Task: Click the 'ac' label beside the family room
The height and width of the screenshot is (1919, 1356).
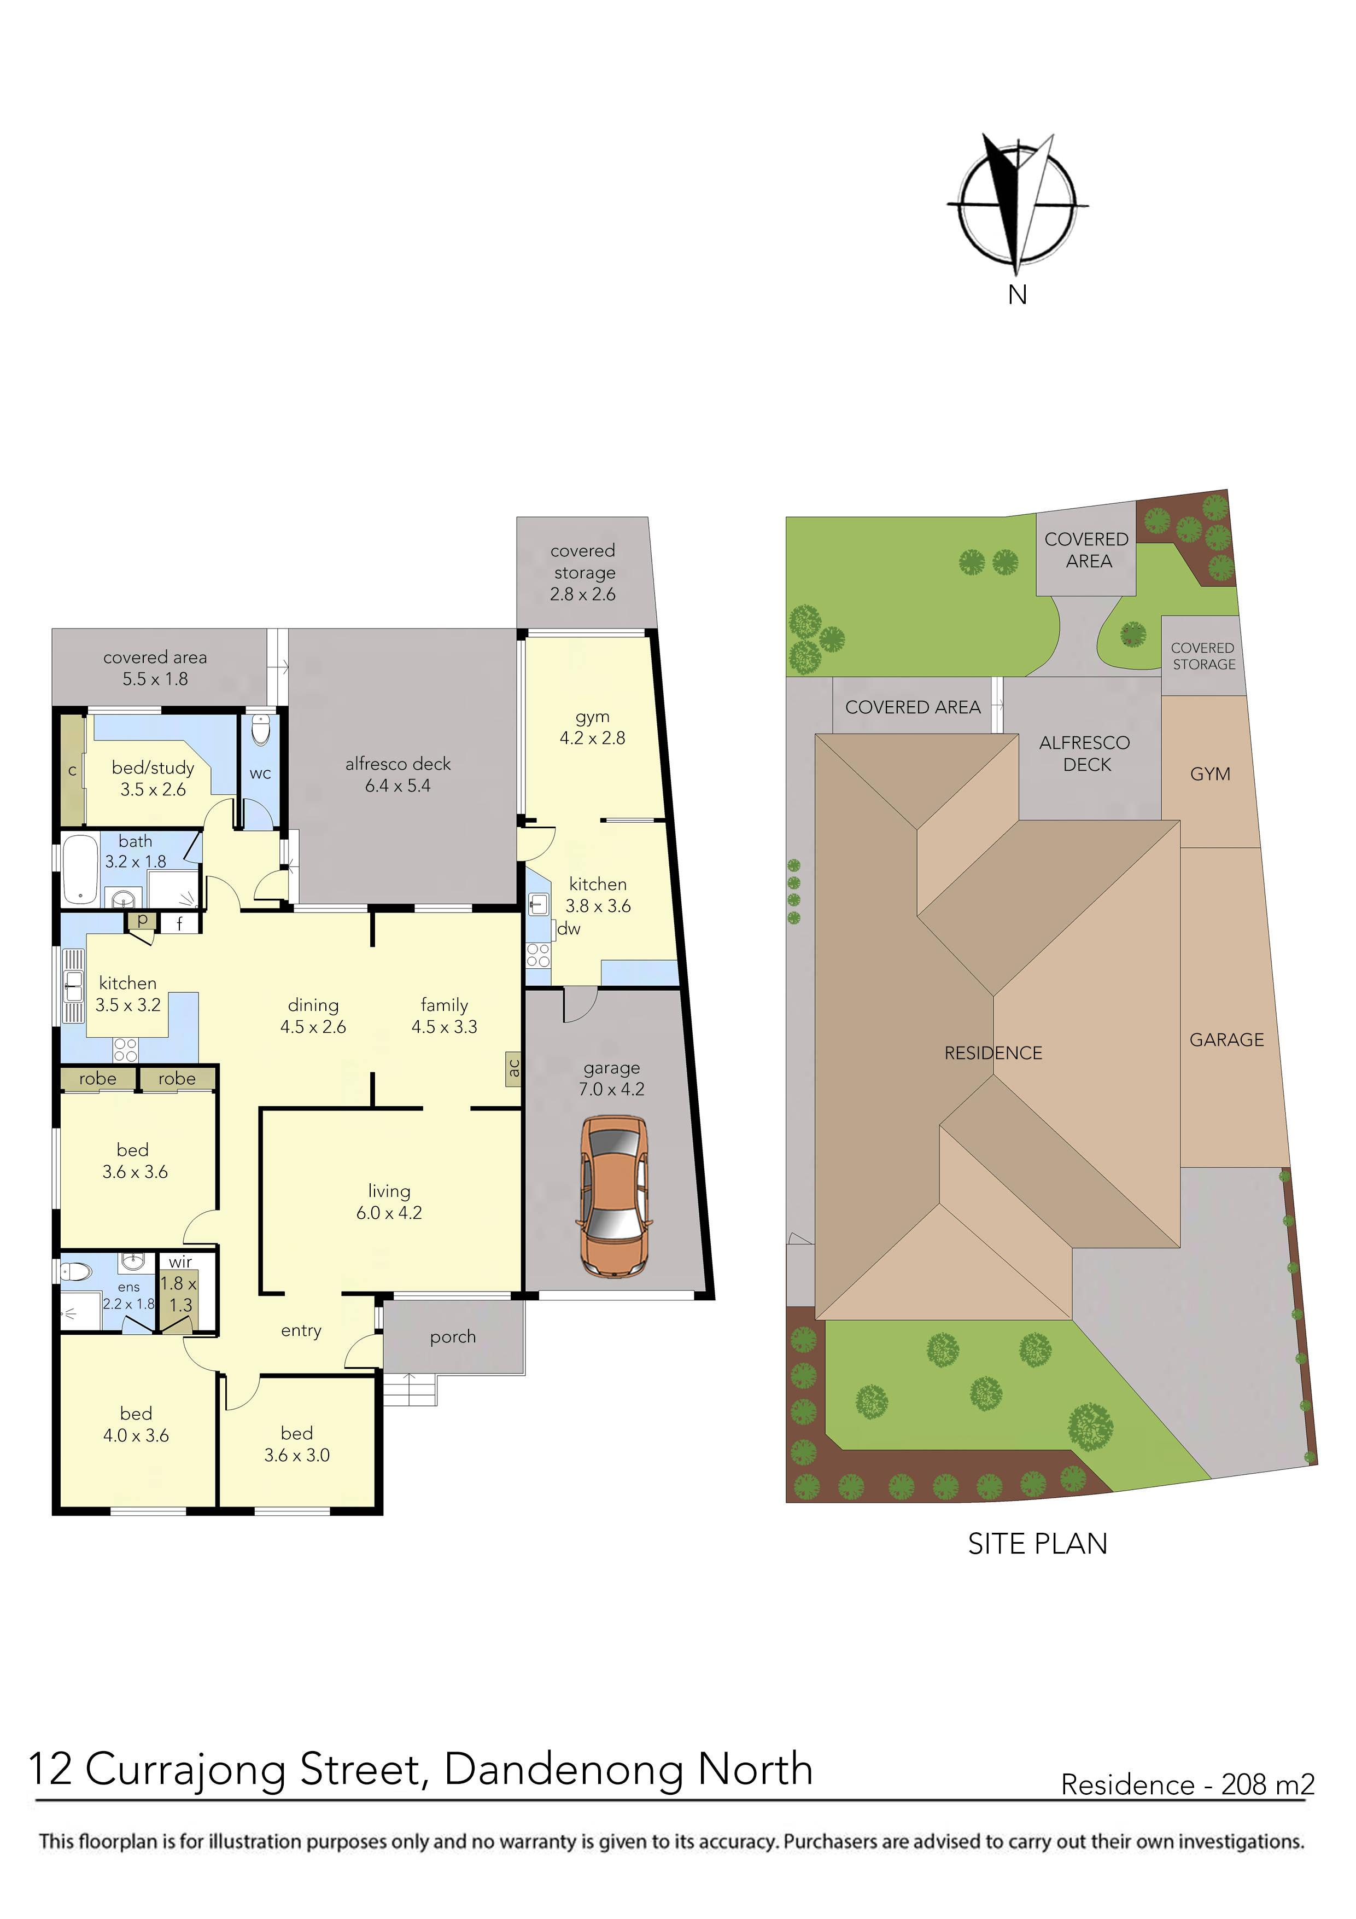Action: coord(514,1068)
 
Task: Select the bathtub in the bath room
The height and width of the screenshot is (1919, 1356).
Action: coord(79,869)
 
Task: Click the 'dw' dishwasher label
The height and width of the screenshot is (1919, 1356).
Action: coord(569,928)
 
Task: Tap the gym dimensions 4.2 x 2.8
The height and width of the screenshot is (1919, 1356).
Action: coord(592,738)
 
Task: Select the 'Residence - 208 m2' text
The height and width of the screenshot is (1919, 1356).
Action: coord(1187,1784)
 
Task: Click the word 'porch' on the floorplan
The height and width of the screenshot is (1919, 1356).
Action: coord(453,1338)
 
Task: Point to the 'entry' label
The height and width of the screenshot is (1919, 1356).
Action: coord(301,1330)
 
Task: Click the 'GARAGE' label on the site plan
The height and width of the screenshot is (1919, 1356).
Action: coord(1226,1040)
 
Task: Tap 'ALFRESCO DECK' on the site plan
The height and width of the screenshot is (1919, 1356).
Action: coord(1085,753)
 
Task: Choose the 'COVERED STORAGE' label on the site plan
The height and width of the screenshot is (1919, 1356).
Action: coord(1203,656)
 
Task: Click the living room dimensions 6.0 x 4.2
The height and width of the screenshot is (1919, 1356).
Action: coord(389,1213)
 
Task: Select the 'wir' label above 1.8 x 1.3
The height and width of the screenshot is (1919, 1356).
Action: coord(180,1262)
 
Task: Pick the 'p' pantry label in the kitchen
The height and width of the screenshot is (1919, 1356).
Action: coord(143,920)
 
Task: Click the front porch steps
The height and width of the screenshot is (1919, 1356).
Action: coord(410,1391)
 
